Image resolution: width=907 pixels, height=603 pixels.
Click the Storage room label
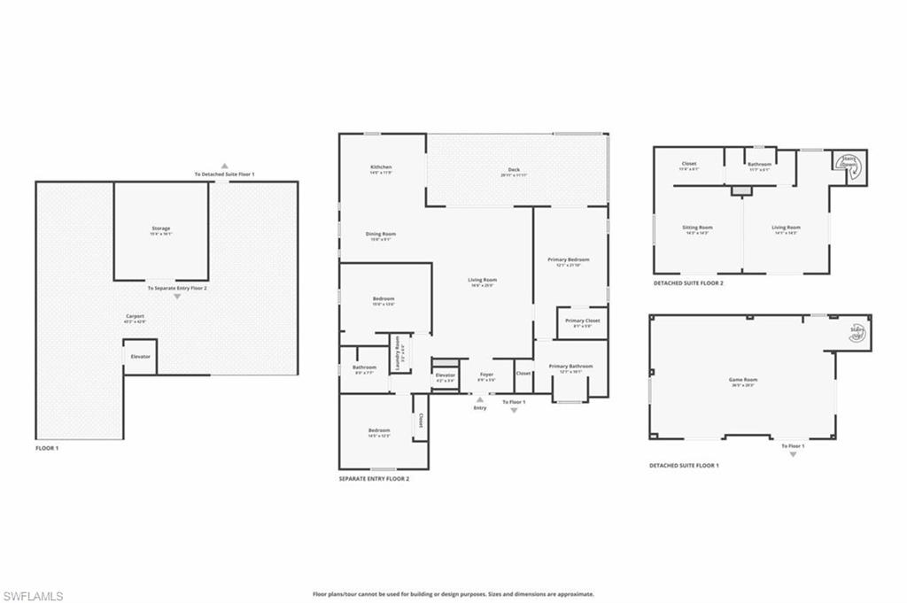coord(160,229)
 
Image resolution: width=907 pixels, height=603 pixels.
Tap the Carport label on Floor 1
coord(135,317)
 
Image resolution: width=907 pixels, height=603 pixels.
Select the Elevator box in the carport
coord(140,356)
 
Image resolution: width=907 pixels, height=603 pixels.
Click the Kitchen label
coord(381,167)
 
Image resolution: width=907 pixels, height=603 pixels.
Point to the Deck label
coord(514,170)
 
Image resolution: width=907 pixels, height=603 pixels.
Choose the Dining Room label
coord(381,235)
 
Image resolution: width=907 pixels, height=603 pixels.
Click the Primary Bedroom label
coord(573,260)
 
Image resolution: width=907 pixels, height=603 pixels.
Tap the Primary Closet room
coord(582,321)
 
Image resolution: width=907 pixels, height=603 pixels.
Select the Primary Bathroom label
coord(570,367)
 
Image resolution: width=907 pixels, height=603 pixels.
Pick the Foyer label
coord(486,375)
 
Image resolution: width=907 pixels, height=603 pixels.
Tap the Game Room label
coord(743,380)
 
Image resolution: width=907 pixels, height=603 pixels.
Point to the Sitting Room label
coord(697,228)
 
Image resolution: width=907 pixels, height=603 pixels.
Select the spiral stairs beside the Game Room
coord(857,333)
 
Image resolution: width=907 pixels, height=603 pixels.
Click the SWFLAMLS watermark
coord(33,596)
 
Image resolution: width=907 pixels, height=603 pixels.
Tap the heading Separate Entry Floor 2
coord(374,479)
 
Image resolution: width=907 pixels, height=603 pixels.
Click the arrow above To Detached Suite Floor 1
coord(225,166)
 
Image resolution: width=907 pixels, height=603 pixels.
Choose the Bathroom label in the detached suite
coord(759,164)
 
